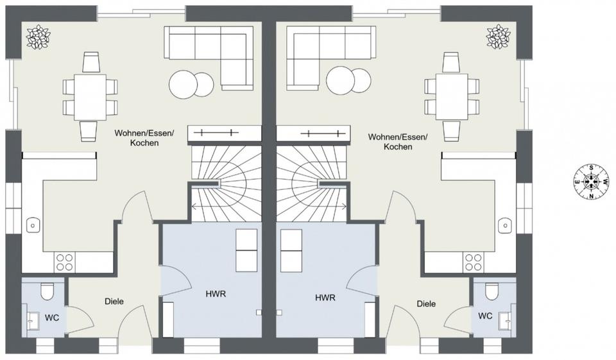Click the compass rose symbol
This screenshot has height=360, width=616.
click(x=590, y=182)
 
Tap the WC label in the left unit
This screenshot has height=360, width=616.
click(x=51, y=317)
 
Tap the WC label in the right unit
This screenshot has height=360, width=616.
click(x=485, y=316)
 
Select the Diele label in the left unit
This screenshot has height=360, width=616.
click(x=114, y=301)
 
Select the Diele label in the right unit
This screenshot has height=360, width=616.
click(x=425, y=304)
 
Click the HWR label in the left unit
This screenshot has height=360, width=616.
click(x=215, y=294)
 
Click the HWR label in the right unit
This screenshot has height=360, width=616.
click(x=325, y=298)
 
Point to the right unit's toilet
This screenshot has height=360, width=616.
click(x=492, y=291)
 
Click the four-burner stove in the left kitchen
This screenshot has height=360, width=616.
click(x=64, y=262)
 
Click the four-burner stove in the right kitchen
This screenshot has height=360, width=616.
click(x=474, y=262)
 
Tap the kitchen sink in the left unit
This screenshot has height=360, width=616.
click(x=33, y=225)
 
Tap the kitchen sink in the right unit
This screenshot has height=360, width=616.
click(x=505, y=225)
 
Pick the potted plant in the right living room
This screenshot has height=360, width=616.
click(x=499, y=36)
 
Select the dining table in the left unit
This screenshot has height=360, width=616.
click(x=90, y=96)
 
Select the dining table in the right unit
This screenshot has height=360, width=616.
click(x=451, y=96)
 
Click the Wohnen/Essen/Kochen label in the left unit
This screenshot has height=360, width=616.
click(x=136, y=138)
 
